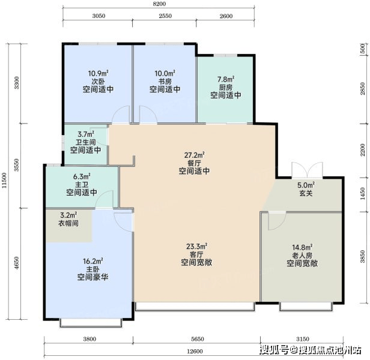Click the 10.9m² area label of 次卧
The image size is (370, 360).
(x=98, y=73)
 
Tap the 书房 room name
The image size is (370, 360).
(x=165, y=82)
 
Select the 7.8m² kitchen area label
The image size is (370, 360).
(x=226, y=79)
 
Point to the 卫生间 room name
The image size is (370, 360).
(x=86, y=142)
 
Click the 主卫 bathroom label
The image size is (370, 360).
(x=82, y=184)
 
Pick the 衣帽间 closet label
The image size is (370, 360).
(x=68, y=223)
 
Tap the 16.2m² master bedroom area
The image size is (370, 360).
(x=92, y=261)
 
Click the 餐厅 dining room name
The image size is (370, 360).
(x=194, y=163)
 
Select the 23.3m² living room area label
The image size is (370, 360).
(x=196, y=247)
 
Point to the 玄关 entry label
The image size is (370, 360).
(x=306, y=193)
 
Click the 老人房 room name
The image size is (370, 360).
(x=302, y=256)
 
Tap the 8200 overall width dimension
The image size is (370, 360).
(x=159, y=4)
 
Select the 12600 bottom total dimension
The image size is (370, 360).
(x=195, y=351)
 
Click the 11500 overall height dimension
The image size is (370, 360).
(x=4, y=181)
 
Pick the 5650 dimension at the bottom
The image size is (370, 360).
(x=198, y=339)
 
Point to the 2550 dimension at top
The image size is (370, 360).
(x=165, y=16)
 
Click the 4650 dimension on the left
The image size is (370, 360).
(x=16, y=263)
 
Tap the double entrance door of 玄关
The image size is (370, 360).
(x=307, y=170)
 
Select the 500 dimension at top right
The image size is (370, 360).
(x=363, y=49)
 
